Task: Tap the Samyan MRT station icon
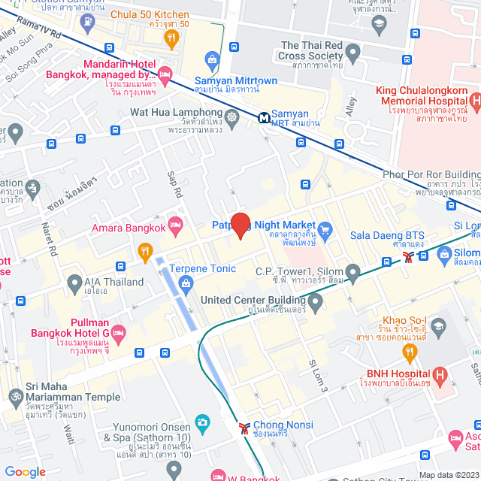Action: (265, 117)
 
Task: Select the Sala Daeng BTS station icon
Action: (407, 257)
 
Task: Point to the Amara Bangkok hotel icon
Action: (175, 224)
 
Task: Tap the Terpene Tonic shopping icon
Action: (186, 282)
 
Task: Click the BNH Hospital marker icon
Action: (440, 374)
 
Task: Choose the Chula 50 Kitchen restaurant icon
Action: (173, 36)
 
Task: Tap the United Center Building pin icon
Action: (316, 303)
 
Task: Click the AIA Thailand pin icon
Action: (74, 283)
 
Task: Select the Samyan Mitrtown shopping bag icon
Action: (213, 59)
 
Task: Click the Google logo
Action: (25, 471)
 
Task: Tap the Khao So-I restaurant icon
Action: (439, 325)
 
